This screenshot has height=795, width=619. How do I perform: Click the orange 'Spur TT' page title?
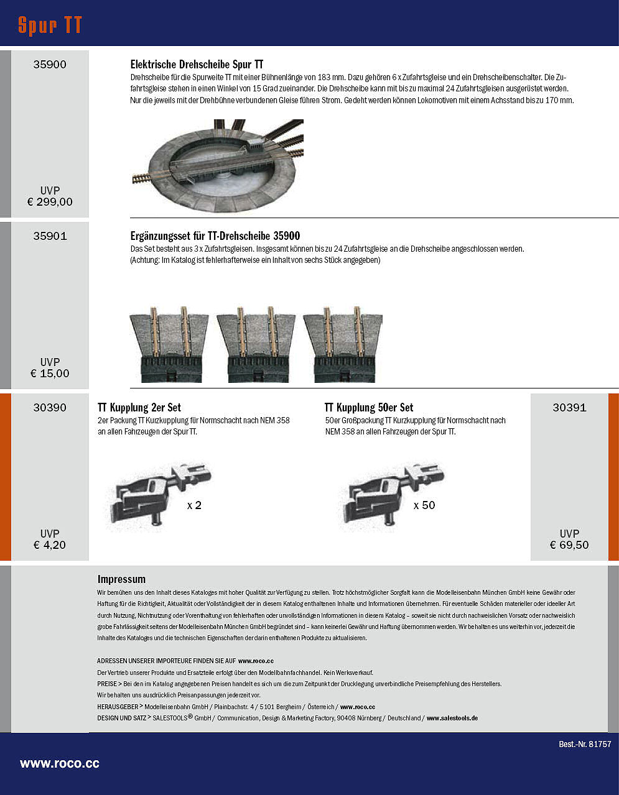(x=50, y=25)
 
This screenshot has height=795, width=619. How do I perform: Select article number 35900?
(x=50, y=65)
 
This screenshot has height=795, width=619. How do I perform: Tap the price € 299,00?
(x=50, y=202)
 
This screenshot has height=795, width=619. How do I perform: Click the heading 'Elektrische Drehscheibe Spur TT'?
(x=197, y=65)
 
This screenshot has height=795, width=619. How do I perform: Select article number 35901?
(x=50, y=236)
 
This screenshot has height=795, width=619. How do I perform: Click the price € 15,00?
(x=50, y=374)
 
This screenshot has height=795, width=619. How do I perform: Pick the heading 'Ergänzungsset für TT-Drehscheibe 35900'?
(x=215, y=236)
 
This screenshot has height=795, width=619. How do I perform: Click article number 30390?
(x=50, y=408)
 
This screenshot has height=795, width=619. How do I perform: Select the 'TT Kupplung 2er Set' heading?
(x=139, y=408)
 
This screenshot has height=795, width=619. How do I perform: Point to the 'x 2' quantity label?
(x=194, y=505)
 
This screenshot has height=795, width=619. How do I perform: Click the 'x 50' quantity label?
(x=424, y=505)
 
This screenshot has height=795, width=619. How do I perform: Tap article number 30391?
(x=569, y=408)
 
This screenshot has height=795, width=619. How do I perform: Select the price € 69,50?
(x=569, y=545)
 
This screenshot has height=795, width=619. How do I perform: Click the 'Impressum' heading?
(x=121, y=579)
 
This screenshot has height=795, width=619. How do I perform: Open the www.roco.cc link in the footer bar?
(x=60, y=764)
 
